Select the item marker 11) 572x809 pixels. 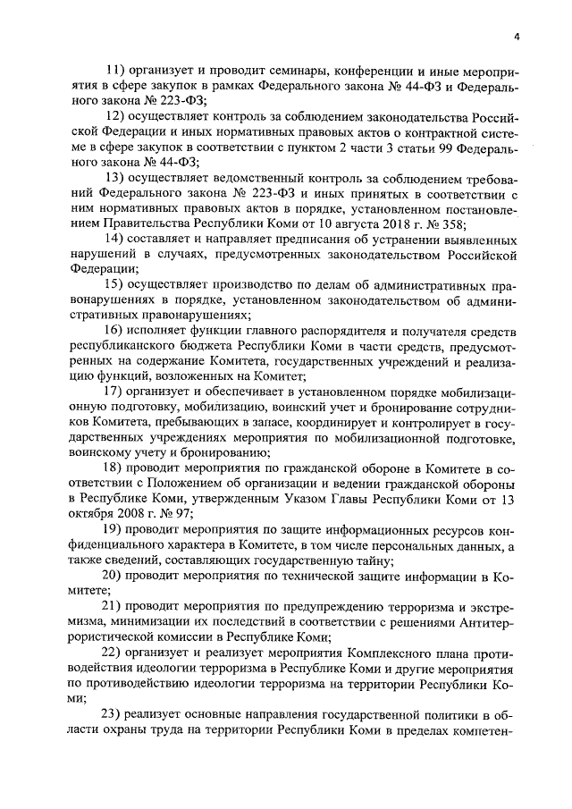coord(114,70)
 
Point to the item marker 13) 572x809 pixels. coord(114,177)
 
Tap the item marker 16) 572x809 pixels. coord(114,330)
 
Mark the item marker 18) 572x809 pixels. coord(114,468)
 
